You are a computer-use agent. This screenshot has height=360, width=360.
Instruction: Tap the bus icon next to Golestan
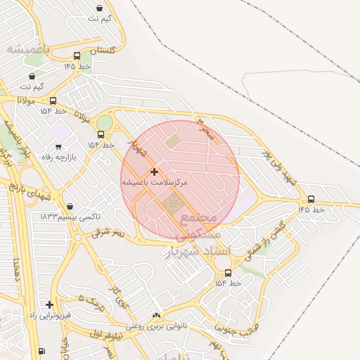tap(77, 56)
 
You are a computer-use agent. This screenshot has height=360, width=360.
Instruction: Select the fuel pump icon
tap(41, 351)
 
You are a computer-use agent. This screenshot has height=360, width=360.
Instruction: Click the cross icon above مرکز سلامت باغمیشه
tap(154, 172)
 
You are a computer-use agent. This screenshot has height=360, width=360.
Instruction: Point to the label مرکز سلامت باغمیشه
tap(155, 183)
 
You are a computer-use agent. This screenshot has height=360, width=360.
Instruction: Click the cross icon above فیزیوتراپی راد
tap(49, 304)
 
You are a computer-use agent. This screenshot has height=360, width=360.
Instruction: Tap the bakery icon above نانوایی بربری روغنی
tap(155, 316)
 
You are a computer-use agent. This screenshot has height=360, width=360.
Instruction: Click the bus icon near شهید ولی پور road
tap(311, 199)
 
